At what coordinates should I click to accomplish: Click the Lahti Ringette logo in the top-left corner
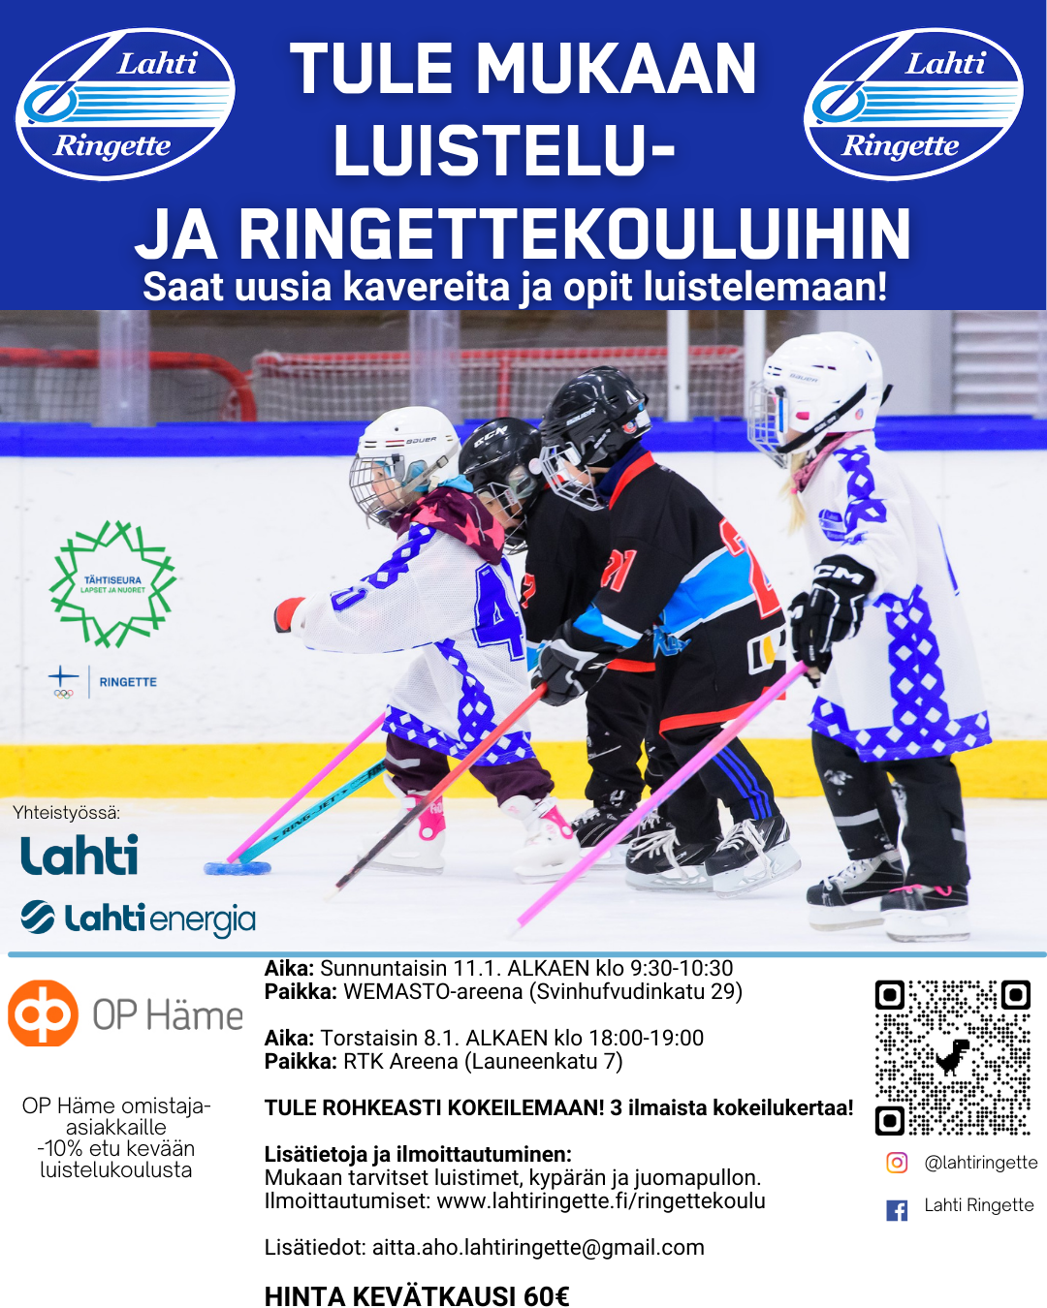point(125,105)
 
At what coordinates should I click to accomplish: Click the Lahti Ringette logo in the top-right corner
point(913,105)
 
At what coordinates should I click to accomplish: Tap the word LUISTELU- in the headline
point(504,151)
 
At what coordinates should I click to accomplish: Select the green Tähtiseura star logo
point(113,583)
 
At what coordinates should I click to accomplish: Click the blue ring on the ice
point(236,867)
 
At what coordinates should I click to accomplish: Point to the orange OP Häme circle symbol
point(43,1013)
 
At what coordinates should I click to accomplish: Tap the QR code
point(952,1056)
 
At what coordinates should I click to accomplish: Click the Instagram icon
point(898,1163)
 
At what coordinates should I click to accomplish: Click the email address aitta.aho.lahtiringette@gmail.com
point(538,1248)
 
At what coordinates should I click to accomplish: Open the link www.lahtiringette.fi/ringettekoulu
point(601,1201)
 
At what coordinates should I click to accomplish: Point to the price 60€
point(546,1296)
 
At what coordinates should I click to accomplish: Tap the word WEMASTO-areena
point(433,992)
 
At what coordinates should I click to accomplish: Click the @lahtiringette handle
point(980,1163)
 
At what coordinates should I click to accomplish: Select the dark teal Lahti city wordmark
point(79,856)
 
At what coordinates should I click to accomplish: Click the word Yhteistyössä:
point(67,813)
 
